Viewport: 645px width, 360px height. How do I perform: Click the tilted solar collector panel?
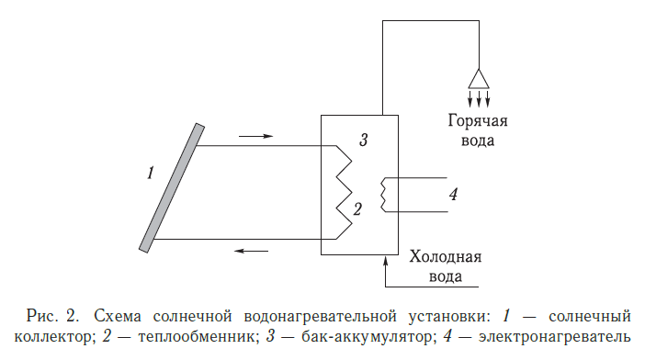tap(170, 186)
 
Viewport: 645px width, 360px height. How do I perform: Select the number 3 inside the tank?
tap(363, 141)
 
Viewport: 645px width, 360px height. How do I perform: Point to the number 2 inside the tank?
tap(358, 208)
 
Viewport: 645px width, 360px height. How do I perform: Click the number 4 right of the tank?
tap(453, 194)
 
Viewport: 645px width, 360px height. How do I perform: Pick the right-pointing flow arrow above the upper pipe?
tap(255, 136)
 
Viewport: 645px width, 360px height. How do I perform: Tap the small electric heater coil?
tap(385, 194)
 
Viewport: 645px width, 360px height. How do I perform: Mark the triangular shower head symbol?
tap(478, 77)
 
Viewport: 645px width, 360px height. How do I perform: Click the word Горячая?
tap(478, 121)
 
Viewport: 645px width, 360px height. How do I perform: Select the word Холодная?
tap(445, 257)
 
